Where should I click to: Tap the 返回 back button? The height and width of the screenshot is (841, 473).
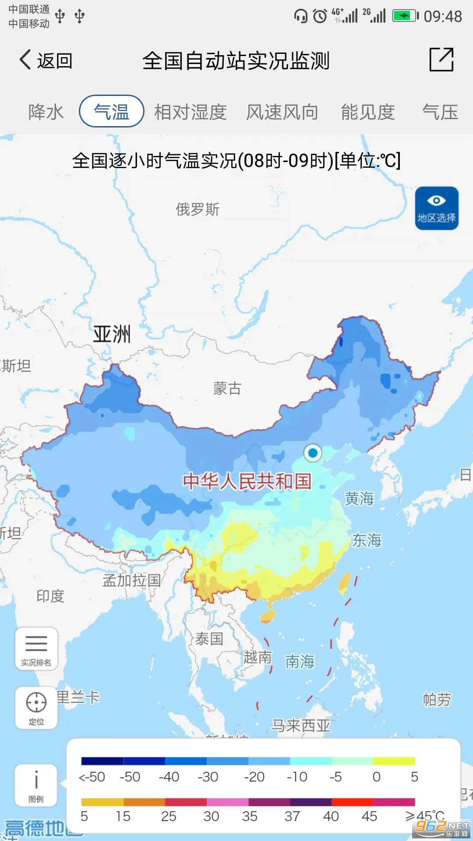coord(46,60)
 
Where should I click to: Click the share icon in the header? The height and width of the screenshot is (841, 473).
coord(441,60)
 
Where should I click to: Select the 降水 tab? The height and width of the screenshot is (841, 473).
coord(46,112)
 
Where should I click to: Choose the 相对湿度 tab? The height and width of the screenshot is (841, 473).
coord(190,112)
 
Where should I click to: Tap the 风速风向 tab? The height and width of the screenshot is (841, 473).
coord(282,112)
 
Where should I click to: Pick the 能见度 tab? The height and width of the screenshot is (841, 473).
coord(368,112)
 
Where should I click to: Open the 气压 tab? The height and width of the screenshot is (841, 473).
coord(440,112)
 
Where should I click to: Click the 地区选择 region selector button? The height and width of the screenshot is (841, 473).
coord(437,208)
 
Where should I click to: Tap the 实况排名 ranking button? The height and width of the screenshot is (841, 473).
coord(36,649)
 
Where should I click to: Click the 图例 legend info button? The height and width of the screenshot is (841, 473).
coord(36,785)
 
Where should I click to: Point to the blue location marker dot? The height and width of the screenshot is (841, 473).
coord(313,452)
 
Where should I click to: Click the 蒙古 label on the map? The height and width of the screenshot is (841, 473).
coord(227,389)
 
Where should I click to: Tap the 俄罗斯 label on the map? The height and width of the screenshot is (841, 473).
coord(198,209)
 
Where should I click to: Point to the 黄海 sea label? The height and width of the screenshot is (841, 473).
coord(359,498)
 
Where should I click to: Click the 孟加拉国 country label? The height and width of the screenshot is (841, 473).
coord(131,580)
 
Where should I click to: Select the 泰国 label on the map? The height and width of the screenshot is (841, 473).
coord(209,639)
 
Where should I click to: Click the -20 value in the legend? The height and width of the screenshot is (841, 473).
coord(254,777)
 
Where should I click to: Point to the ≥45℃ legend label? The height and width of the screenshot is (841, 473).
coord(424,816)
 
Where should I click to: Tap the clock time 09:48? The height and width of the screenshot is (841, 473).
coord(442,17)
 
